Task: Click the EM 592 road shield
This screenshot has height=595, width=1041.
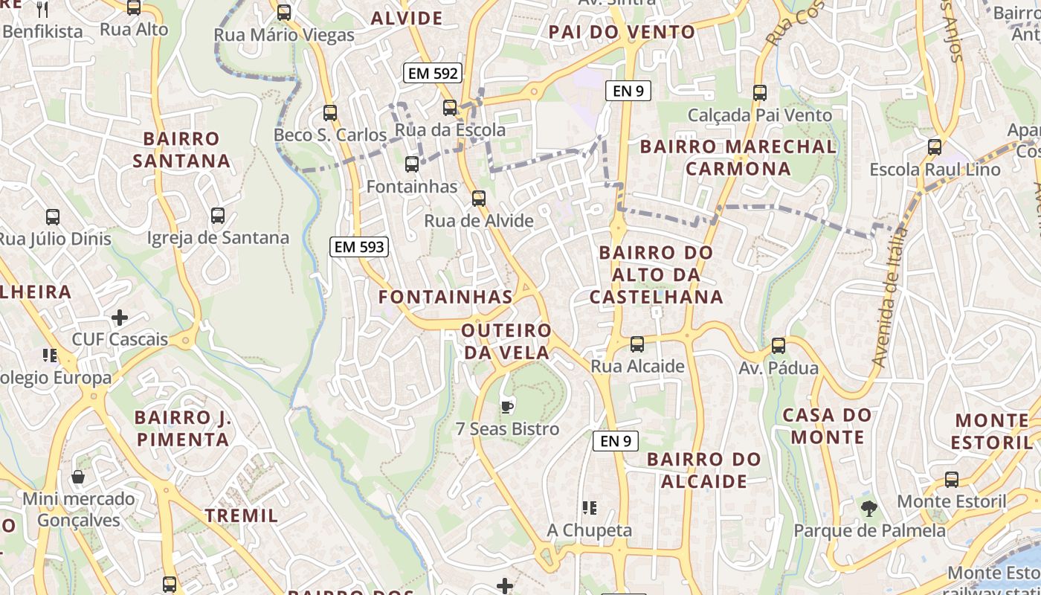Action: pyautogui.click(x=432, y=73)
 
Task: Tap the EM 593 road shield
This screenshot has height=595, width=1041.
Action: pyautogui.click(x=360, y=247)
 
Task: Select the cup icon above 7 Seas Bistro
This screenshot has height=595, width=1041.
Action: pyautogui.click(x=507, y=406)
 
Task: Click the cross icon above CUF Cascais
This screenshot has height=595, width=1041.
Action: pyautogui.click(x=120, y=318)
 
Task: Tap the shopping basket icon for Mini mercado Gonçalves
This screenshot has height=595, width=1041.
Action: pyautogui.click(x=78, y=476)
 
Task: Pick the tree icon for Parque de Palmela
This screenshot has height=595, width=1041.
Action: pyautogui.click(x=868, y=509)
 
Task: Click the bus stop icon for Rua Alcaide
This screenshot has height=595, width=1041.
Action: pyautogui.click(x=637, y=344)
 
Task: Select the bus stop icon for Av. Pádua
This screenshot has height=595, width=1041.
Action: pyautogui.click(x=779, y=345)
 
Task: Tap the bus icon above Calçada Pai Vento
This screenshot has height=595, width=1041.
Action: pyautogui.click(x=759, y=92)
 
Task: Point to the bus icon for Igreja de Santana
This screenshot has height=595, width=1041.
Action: pyautogui.click(x=217, y=215)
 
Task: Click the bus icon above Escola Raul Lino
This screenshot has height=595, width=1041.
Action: pyautogui.click(x=935, y=147)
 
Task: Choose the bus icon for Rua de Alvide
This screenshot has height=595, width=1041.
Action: pyautogui.click(x=479, y=198)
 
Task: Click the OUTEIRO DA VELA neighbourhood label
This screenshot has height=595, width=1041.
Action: pyautogui.click(x=506, y=341)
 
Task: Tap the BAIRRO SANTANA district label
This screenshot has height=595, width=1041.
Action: pyautogui.click(x=181, y=149)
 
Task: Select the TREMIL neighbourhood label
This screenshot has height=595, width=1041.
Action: pyautogui.click(x=242, y=515)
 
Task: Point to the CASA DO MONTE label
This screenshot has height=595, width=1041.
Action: pyautogui.click(x=827, y=425)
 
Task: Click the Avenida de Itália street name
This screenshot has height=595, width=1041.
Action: pyautogui.click(x=891, y=297)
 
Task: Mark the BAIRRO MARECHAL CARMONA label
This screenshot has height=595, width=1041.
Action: pyautogui.click(x=738, y=157)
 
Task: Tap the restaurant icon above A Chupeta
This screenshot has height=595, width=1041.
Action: pyautogui.click(x=590, y=508)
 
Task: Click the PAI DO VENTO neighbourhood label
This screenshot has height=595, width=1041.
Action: pyautogui.click(x=622, y=32)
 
